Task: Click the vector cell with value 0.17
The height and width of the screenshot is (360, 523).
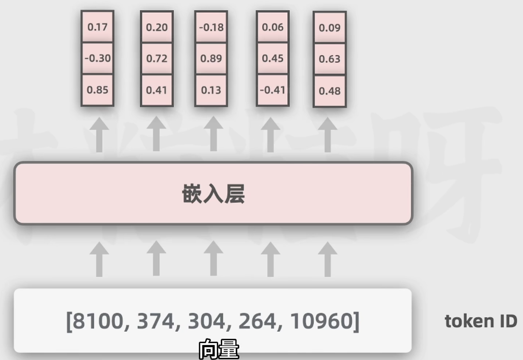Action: coord(97,27)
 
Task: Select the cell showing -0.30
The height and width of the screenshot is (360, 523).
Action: coord(97,58)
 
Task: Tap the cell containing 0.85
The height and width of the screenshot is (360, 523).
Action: coord(97,90)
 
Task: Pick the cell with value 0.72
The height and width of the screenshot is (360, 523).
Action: coord(157,59)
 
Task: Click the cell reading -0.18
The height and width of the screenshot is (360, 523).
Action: coord(211,27)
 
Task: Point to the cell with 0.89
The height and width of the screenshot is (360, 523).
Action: coord(211,59)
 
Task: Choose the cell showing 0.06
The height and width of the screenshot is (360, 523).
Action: coord(273,27)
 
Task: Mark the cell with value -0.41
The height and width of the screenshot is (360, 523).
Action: coord(273,90)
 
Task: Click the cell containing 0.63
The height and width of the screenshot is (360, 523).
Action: coord(330,59)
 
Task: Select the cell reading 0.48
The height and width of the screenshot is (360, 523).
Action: coord(330,91)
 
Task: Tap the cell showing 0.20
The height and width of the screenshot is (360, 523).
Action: coord(157,28)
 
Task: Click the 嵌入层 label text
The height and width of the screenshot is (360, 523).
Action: coord(213,194)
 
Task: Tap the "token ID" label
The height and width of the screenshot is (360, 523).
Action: coord(481,321)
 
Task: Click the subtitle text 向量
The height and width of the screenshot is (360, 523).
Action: coord(218,349)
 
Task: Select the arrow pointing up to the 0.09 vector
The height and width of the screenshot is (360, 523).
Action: coord(327,135)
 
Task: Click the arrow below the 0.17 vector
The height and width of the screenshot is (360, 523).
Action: coord(99,135)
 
